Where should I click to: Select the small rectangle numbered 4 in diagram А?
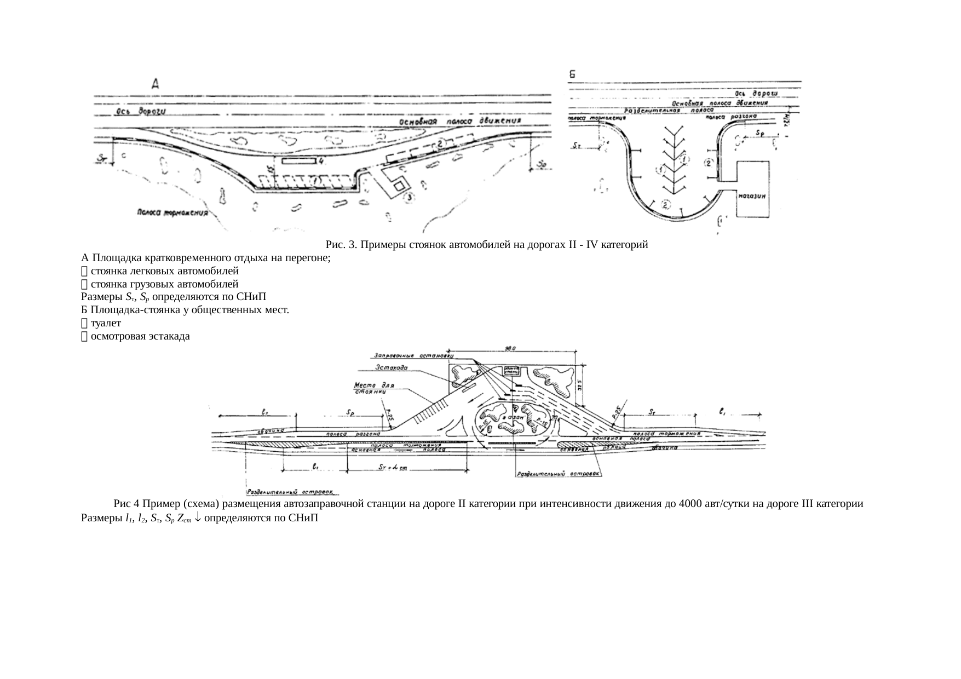[x=300, y=161]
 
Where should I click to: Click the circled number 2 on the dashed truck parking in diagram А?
[x=439, y=143]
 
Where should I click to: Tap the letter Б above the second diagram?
[x=573, y=75]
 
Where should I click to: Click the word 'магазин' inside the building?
[x=753, y=195]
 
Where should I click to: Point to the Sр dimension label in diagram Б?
[x=760, y=133]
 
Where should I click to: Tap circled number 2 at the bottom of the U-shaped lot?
[x=666, y=205]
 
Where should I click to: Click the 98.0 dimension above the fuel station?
[x=511, y=348]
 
